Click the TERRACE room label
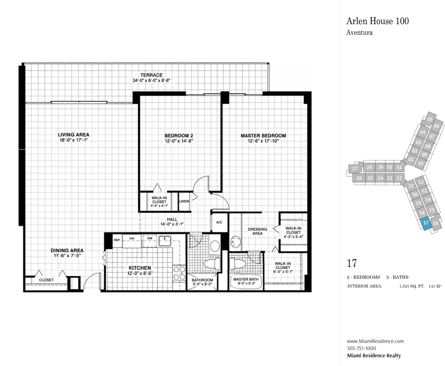151,75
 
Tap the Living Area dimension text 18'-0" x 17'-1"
74,140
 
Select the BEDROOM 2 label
179,136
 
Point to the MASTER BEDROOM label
263,136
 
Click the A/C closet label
219,222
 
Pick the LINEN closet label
184,201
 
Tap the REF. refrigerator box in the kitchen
117,240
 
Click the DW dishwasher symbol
150,240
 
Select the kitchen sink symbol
165,241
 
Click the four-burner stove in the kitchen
179,273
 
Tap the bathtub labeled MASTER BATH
246,282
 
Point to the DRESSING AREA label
257,231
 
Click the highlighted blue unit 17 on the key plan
426,223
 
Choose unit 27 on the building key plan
355,169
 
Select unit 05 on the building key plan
430,119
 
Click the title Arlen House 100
378,21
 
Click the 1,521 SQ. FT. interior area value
412,286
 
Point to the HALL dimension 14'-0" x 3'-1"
172,224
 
